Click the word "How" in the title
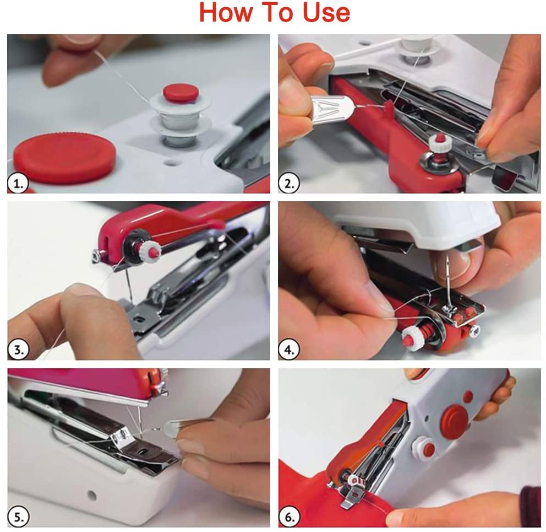[x=226, y=13]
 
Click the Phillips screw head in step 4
[x=473, y=330]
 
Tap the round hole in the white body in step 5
[x=91, y=495]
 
